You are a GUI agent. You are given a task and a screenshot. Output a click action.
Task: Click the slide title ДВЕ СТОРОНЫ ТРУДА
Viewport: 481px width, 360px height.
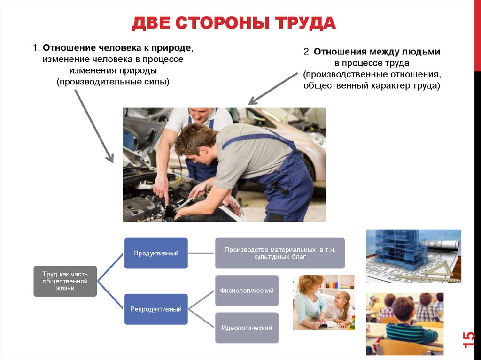(x=234, y=23)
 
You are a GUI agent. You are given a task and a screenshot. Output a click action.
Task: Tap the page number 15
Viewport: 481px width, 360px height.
(x=468, y=339)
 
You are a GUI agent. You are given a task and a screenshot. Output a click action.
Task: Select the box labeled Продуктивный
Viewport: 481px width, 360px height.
(x=156, y=253)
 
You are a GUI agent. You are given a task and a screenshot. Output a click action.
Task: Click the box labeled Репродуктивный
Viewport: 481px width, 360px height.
(x=156, y=309)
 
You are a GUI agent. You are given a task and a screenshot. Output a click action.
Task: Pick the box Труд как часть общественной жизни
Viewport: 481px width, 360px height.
(x=65, y=281)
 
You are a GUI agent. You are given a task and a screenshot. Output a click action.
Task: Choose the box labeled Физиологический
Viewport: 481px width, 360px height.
(x=247, y=291)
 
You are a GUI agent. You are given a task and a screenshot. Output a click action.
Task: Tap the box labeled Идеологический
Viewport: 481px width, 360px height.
(x=247, y=328)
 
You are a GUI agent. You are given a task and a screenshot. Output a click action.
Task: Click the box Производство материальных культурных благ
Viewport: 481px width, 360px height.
(x=280, y=253)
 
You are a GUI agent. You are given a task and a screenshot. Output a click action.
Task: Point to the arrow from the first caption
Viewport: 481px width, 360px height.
(x=94, y=125)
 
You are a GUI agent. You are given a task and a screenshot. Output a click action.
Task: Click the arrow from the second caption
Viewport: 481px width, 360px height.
(x=272, y=88)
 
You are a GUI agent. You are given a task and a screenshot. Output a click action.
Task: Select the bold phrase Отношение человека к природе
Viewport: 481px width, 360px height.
(x=117, y=48)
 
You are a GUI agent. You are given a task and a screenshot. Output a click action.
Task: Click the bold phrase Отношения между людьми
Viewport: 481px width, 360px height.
(x=377, y=52)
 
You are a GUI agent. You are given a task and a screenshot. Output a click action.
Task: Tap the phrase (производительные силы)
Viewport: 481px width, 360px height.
(x=113, y=82)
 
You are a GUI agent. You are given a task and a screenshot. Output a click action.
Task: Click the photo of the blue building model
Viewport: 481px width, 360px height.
(x=413, y=256)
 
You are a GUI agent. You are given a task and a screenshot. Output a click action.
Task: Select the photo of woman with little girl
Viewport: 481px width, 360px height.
(x=324, y=302)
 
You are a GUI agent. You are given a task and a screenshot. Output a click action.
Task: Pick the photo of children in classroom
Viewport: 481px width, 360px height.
(x=404, y=323)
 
